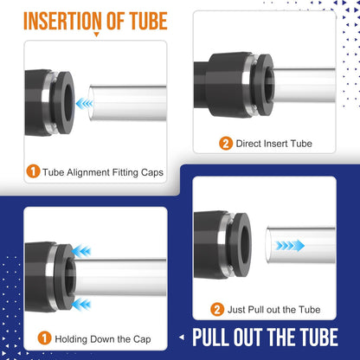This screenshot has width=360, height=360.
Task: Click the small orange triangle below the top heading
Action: tap(95, 35)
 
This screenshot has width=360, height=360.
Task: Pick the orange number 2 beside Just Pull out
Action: tap(216, 308)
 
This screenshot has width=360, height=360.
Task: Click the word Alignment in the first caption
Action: tap(94, 171)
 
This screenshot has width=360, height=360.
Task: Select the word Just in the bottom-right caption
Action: tap(239, 309)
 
